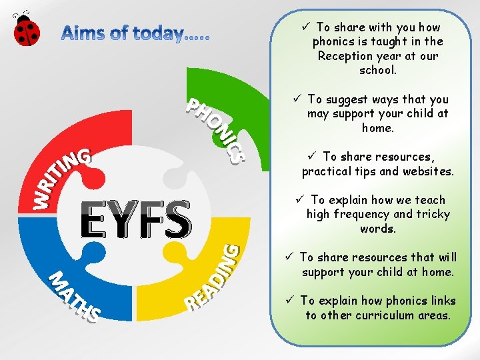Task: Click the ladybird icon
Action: (26, 28)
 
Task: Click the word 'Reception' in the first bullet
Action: (345, 56)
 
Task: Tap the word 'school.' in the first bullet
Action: (377, 70)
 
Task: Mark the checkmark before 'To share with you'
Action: (305, 27)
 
